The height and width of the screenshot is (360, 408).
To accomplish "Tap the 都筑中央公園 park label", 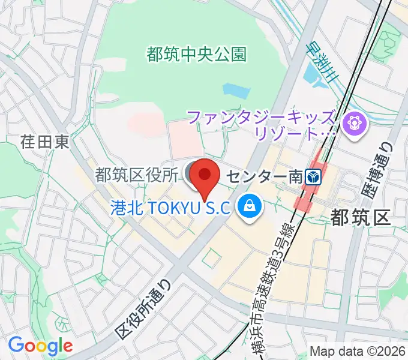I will pyautogui.click(x=196, y=54).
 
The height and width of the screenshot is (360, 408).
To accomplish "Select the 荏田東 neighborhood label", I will pyautogui.click(x=45, y=142).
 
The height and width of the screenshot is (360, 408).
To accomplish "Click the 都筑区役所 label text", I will pyautogui.click(x=137, y=175).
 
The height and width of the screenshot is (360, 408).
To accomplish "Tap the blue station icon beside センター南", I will pyautogui.click(x=313, y=177).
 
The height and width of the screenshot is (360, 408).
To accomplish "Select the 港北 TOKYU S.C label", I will pyautogui.click(x=171, y=208).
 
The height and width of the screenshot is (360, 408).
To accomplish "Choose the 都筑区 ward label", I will pyautogui.click(x=361, y=218).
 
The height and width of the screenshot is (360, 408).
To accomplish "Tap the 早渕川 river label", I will pyautogui.click(x=320, y=63).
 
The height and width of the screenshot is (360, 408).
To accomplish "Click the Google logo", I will pyautogui.click(x=40, y=346).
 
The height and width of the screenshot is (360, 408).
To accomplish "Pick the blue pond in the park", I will pyautogui.click(x=235, y=91).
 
